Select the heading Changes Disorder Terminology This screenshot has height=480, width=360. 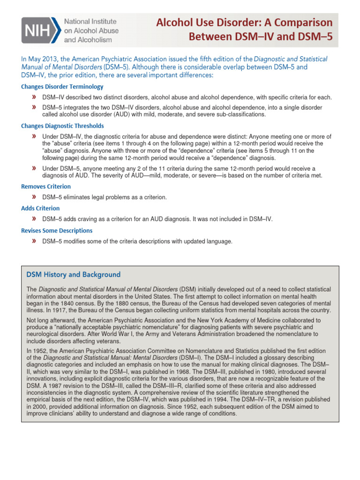coord(62,87)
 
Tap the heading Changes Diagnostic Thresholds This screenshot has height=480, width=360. coord(62,126)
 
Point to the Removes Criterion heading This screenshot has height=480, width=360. coord(46,186)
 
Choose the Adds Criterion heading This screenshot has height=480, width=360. coord(40,208)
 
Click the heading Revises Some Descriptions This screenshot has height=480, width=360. coord(57,231)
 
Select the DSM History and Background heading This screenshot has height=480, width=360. coord(73,274)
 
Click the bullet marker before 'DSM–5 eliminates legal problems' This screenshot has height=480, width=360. coord(34,197)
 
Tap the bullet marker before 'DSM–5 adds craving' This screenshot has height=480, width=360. coord(34,219)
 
